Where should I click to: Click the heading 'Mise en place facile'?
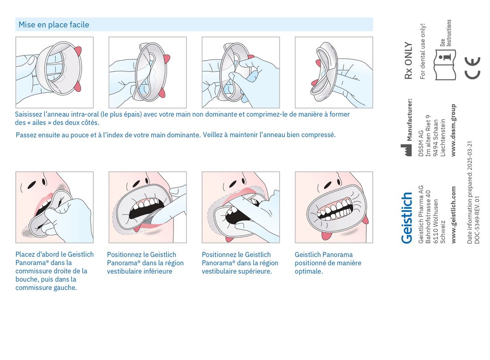point(53,25)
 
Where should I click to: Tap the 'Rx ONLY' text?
point(408,61)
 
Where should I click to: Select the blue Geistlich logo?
point(407,218)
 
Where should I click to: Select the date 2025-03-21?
point(470,155)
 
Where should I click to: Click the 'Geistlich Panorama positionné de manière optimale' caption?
point(328,263)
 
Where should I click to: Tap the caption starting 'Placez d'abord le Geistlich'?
point(54,271)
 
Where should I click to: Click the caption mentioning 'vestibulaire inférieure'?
point(145,263)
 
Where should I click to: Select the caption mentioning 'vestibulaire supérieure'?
point(240,263)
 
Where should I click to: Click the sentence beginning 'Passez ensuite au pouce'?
point(175,135)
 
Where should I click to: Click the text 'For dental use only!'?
point(423,51)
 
